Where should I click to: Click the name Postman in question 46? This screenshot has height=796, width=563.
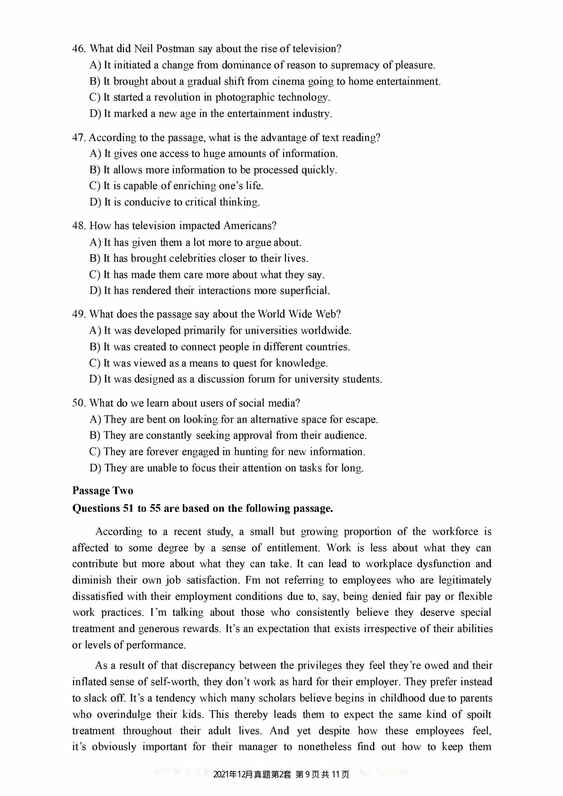(x=175, y=49)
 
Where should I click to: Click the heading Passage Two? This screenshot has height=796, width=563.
(x=103, y=491)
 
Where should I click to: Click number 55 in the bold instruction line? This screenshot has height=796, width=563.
(x=156, y=508)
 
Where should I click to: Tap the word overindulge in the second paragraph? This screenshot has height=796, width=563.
(x=123, y=714)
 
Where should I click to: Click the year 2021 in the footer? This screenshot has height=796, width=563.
(x=221, y=774)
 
